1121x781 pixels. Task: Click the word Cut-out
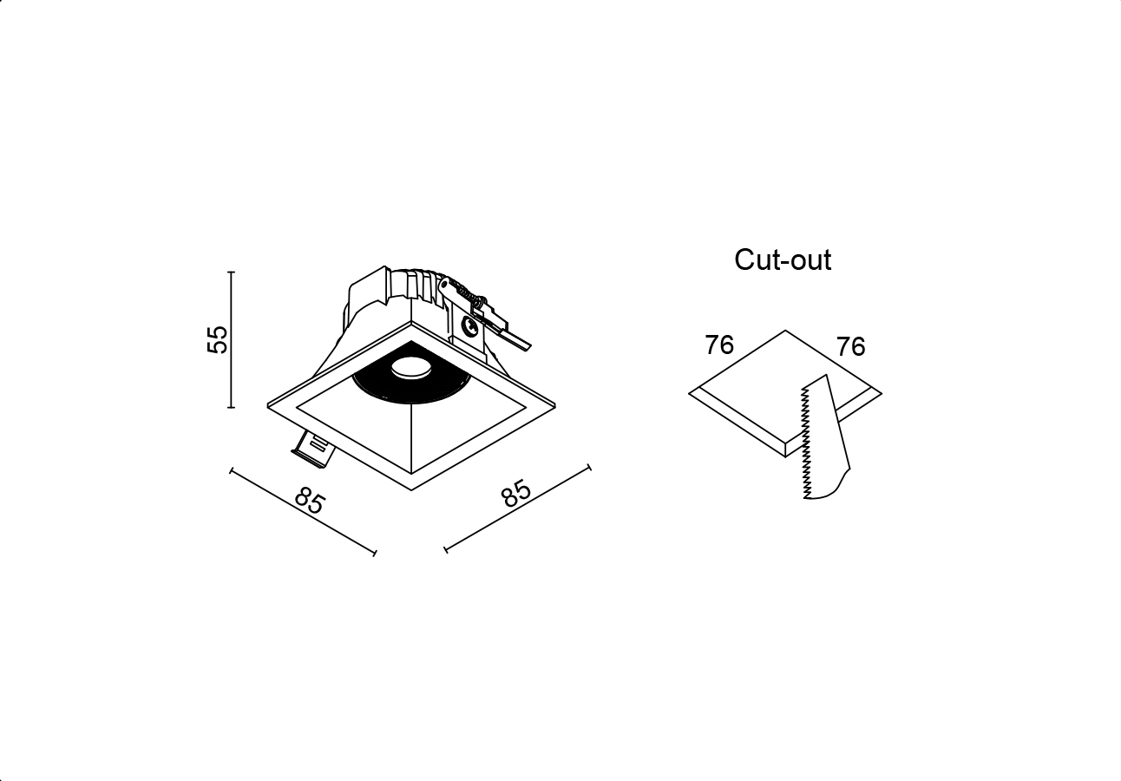click(x=783, y=259)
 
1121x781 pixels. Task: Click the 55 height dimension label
click(x=218, y=339)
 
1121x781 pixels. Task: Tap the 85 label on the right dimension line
click(x=516, y=493)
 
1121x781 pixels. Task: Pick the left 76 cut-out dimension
click(x=719, y=345)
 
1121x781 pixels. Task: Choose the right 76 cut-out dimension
click(x=851, y=346)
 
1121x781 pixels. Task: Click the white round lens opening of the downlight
click(x=411, y=367)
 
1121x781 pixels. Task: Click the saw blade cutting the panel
click(x=825, y=436)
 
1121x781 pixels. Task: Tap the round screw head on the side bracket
click(x=469, y=326)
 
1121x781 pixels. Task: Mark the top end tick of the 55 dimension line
click(x=231, y=272)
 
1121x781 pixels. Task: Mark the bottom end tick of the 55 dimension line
click(x=231, y=408)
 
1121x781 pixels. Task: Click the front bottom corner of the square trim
click(x=411, y=490)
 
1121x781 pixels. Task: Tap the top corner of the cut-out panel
click(x=785, y=331)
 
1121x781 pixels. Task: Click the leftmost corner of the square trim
click(x=268, y=406)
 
